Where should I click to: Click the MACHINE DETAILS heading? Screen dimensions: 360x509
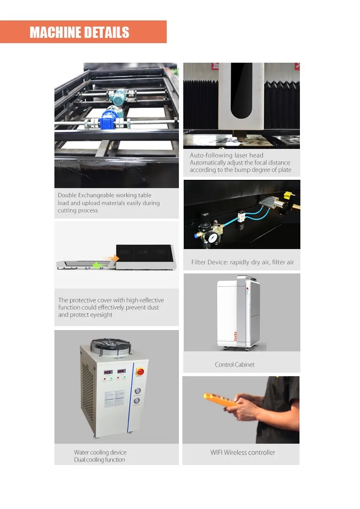(80, 32)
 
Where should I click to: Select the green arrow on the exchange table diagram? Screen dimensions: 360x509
(101, 266)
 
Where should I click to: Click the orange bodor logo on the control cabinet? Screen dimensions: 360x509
(236, 336)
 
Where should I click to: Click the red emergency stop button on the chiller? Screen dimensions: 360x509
(140, 371)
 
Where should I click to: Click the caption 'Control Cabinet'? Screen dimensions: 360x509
(235, 364)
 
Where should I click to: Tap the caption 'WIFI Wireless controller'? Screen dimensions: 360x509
(242, 452)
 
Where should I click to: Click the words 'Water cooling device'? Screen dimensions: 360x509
(100, 452)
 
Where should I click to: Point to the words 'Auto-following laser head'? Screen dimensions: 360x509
(227, 155)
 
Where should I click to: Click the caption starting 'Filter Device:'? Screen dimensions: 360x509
(242, 262)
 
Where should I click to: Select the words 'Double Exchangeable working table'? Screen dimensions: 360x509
(104, 195)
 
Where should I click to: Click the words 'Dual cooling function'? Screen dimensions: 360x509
(99, 460)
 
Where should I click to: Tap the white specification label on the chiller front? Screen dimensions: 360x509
(114, 398)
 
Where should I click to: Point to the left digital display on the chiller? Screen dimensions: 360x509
(108, 372)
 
